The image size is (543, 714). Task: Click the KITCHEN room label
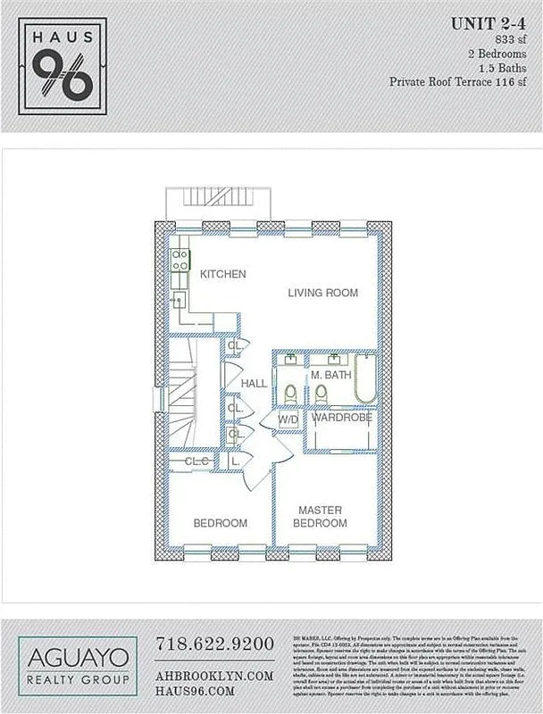click(x=222, y=274)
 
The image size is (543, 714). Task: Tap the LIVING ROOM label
click(x=322, y=293)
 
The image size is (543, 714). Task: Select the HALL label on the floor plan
click(x=254, y=383)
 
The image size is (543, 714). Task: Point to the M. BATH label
click(x=331, y=375)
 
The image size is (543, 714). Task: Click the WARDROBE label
click(x=341, y=417)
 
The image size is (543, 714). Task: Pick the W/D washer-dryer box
click(x=288, y=419)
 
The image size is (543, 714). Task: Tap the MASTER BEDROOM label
click(x=322, y=516)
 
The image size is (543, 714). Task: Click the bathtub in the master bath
click(x=366, y=380)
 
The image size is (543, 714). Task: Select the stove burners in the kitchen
click(x=180, y=259)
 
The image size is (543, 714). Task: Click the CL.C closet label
click(x=196, y=461)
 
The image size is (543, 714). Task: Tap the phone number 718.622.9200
click(x=214, y=643)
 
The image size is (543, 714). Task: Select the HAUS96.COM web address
click(x=195, y=691)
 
